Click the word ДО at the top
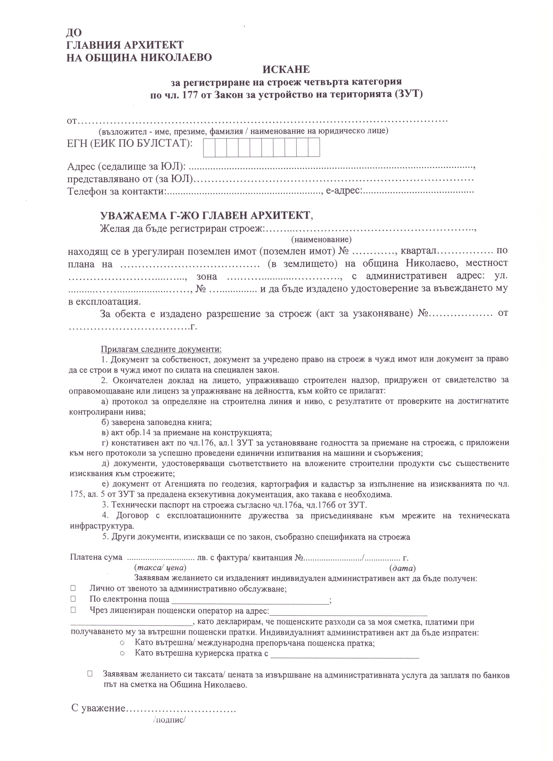(74, 33)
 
